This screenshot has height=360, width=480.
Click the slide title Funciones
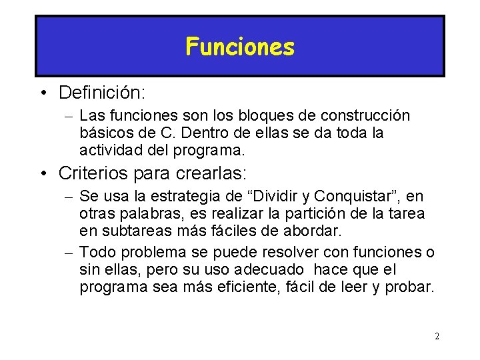(240, 47)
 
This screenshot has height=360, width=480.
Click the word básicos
(104, 133)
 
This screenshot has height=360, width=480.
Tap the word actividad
(107, 149)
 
